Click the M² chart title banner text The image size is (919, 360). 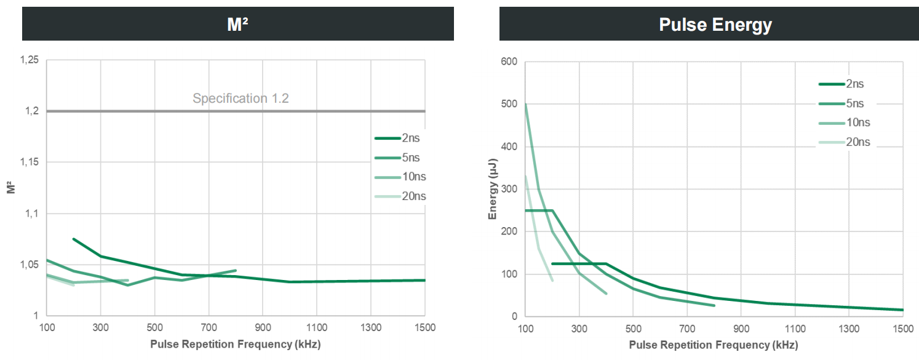tap(237, 25)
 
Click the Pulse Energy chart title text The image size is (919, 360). tap(715, 25)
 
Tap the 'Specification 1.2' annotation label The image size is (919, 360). tap(241, 98)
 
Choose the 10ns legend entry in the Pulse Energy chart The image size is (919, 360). tap(858, 122)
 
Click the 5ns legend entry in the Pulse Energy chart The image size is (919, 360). tap(855, 103)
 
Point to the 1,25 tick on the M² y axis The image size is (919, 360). tap(28, 60)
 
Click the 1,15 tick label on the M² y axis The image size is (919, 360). tap(28, 162)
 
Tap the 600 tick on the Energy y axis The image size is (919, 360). tap(509, 62)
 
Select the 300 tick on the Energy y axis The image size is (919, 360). tap(509, 189)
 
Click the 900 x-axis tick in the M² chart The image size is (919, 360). tap(263, 327)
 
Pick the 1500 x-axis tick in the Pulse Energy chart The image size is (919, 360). tap(902, 328)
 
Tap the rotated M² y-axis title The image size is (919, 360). tap(10, 188)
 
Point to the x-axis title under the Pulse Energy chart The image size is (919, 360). tap(714, 345)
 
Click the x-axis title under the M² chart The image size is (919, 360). tap(236, 344)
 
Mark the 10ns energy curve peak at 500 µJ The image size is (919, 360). tap(525, 105)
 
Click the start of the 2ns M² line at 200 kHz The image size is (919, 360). tap(74, 239)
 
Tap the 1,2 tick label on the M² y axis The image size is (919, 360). tap(31, 111)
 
